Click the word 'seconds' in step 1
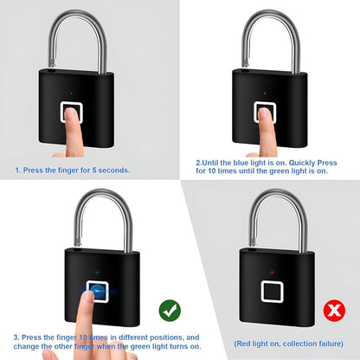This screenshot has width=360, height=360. pyautogui.click(x=112, y=170)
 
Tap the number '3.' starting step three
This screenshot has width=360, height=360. pyautogui.click(x=16, y=337)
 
